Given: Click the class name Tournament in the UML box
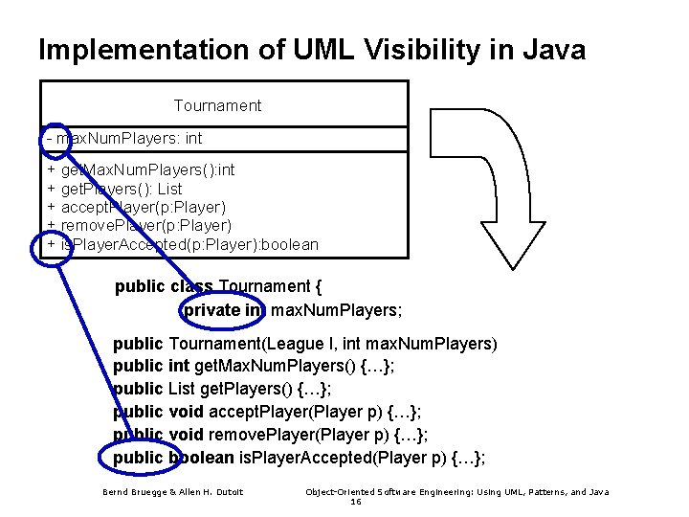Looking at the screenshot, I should click(217, 105).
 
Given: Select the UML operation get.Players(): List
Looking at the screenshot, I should click(122, 189).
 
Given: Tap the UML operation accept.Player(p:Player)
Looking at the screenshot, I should click(144, 207).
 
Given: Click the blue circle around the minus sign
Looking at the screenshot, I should click(56, 139).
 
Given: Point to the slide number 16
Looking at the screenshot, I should click(356, 502).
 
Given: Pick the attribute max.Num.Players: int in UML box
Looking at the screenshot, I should click(129, 139).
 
